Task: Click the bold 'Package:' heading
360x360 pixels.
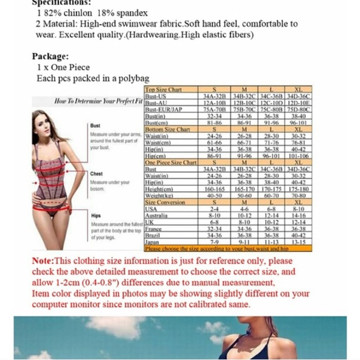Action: [50, 56]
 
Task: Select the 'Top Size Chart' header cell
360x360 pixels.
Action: [163, 90]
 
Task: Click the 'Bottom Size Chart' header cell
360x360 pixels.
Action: [167, 129]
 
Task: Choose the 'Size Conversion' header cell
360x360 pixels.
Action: [164, 202]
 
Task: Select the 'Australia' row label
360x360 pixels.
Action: [156, 215]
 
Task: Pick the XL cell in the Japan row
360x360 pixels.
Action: [298, 242]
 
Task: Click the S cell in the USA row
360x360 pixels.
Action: [214, 209]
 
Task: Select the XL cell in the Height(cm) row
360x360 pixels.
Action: [298, 189]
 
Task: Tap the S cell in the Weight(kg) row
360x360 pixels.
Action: [214, 196]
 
